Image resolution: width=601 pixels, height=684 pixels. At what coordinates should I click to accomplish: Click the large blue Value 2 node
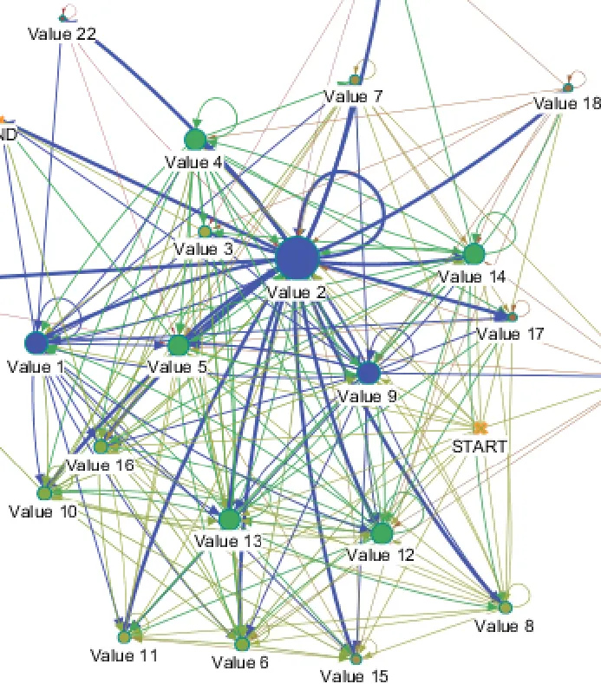tap(298, 257)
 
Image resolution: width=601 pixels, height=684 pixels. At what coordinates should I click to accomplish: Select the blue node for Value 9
tap(369, 373)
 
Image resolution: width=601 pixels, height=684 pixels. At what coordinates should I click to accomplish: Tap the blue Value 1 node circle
tap(36, 342)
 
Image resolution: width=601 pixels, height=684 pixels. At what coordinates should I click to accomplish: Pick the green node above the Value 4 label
tap(195, 138)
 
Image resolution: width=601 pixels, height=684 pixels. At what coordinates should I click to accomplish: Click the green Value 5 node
tap(178, 345)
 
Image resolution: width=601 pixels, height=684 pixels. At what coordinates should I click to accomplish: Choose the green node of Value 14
tap(474, 254)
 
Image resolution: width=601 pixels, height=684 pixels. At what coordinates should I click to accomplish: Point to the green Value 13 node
tap(229, 518)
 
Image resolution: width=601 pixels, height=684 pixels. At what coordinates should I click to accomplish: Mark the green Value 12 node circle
tap(382, 532)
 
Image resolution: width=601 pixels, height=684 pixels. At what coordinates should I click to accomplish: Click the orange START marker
tap(479, 428)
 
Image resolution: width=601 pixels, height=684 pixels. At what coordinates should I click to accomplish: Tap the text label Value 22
tap(62, 35)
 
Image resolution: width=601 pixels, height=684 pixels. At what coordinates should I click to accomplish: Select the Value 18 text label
tap(566, 104)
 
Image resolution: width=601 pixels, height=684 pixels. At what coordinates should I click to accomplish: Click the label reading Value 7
tap(353, 96)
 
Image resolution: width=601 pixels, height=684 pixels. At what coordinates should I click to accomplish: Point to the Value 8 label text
tap(505, 626)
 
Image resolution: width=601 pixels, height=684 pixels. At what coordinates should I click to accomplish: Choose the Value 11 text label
tap(124, 655)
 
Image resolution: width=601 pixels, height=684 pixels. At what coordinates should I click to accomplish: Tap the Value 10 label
tap(43, 511)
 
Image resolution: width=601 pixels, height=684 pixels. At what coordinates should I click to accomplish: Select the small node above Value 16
tap(101, 446)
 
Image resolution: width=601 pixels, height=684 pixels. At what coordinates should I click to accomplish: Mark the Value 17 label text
tap(512, 335)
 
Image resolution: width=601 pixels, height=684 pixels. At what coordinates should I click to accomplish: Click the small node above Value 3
tap(205, 231)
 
